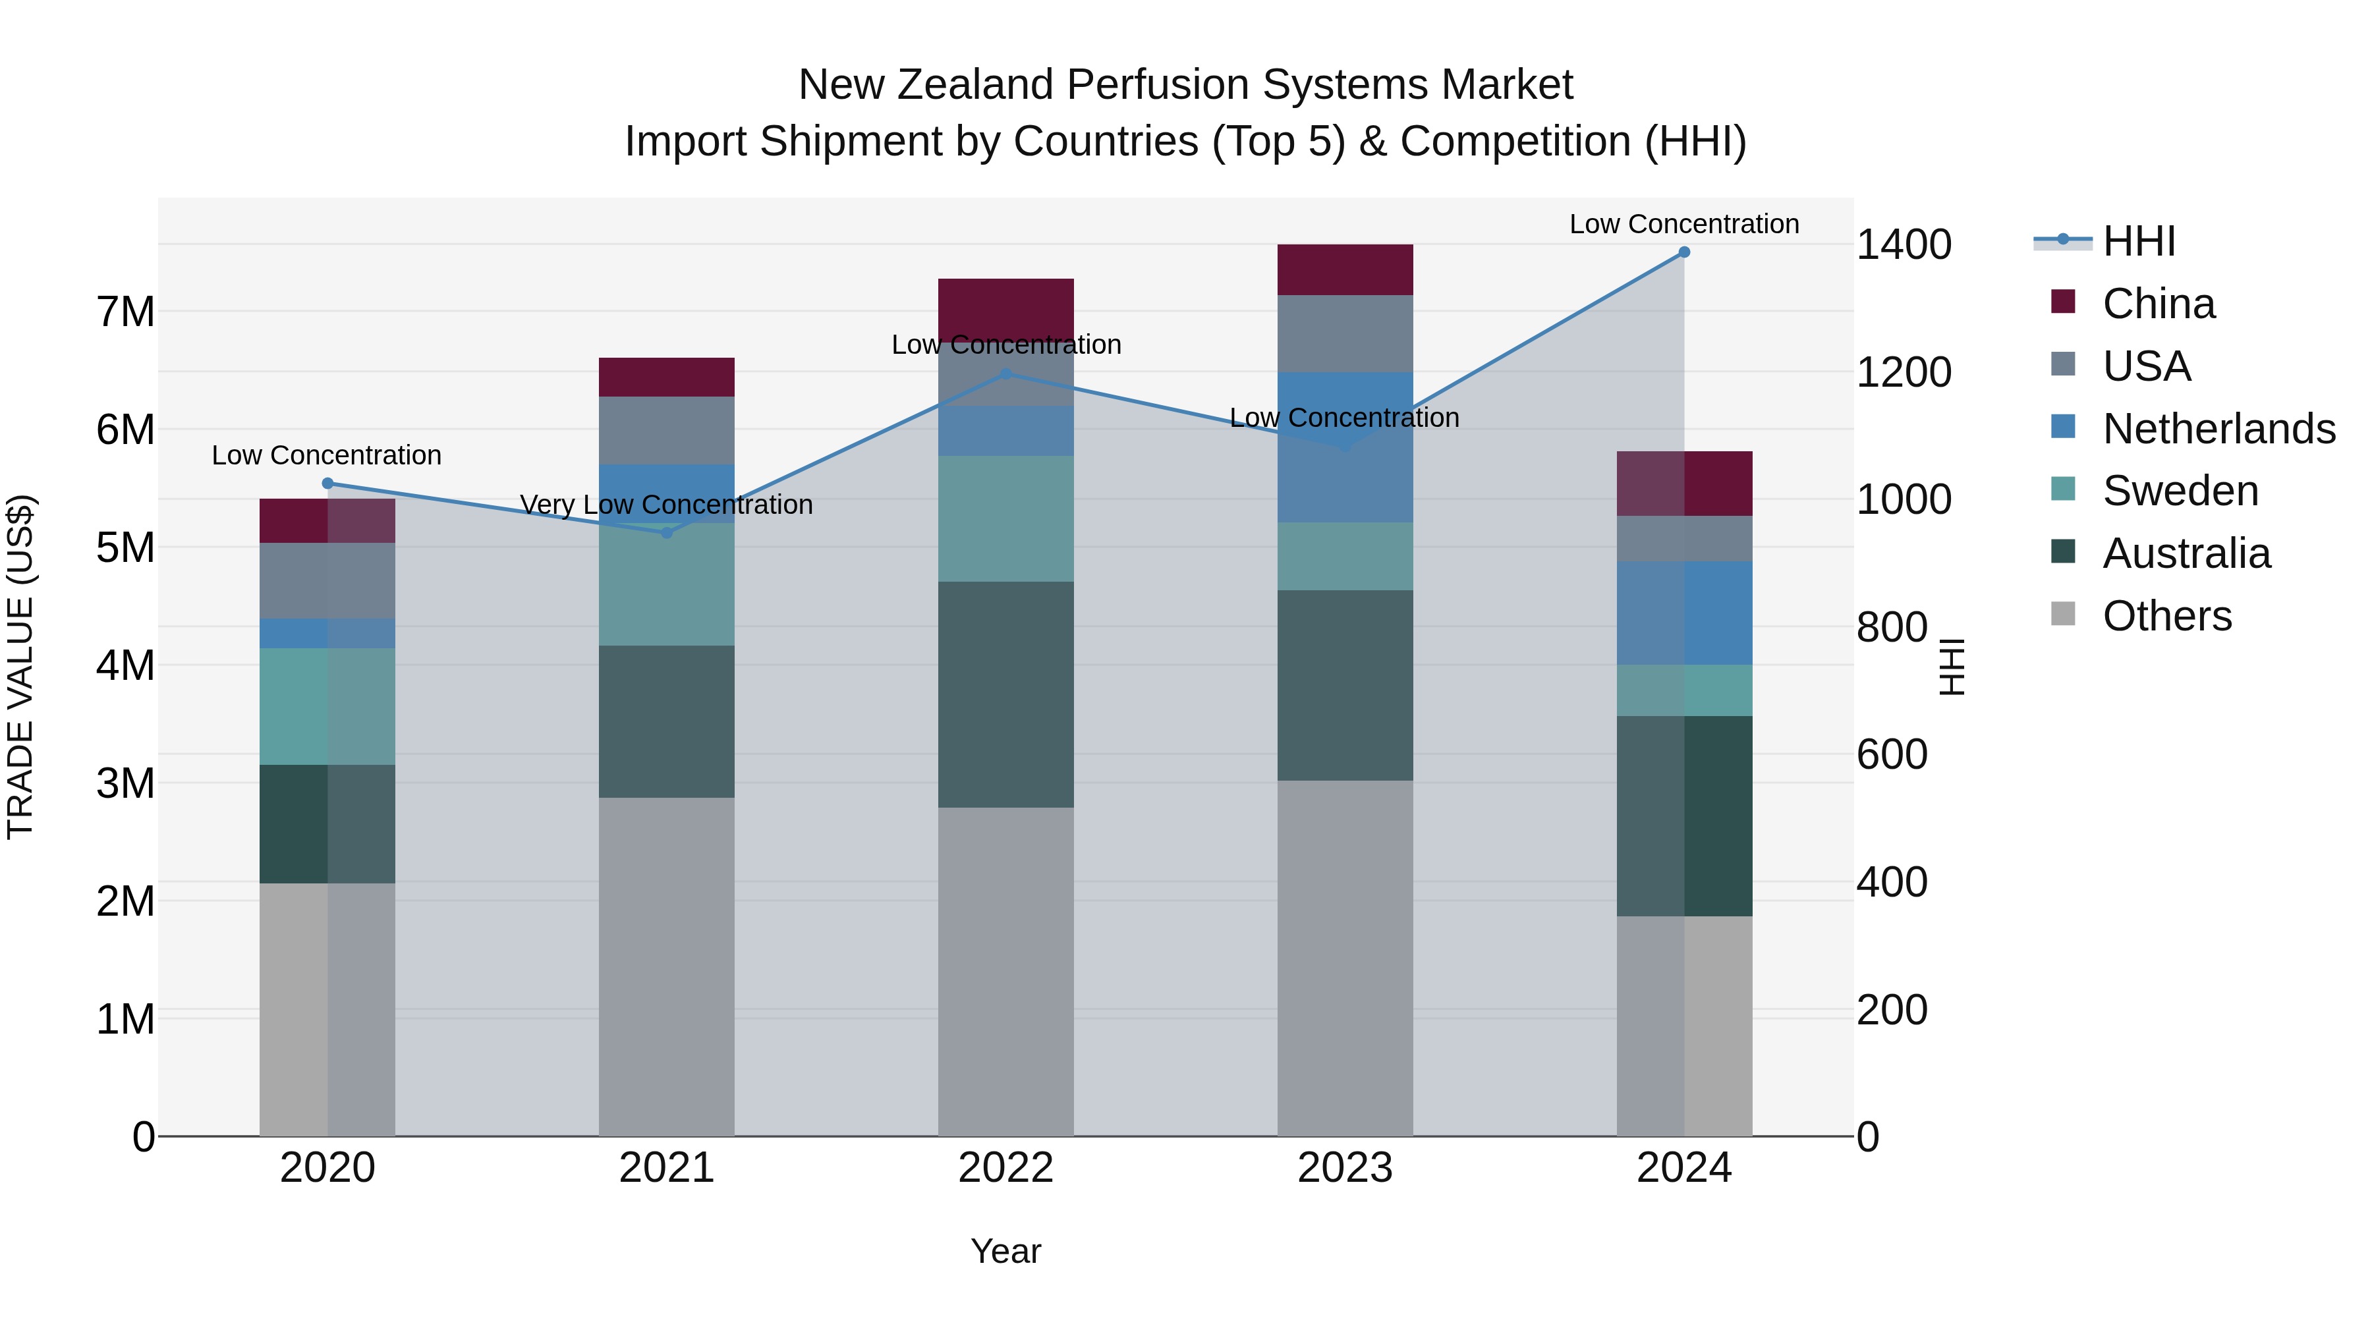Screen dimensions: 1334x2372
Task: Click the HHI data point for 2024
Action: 1684,252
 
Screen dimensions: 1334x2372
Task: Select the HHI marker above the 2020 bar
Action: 328,484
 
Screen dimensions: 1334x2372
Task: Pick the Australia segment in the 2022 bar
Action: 1005,694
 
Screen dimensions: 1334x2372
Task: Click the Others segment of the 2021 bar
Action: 667,966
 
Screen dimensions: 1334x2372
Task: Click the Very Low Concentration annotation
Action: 667,505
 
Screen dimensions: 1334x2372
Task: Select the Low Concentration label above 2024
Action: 1684,224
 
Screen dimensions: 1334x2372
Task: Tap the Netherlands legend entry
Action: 2218,429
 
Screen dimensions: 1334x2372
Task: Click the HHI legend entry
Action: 2138,241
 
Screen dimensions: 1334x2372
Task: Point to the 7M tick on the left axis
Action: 125,312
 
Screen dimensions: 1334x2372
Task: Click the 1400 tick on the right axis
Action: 1904,245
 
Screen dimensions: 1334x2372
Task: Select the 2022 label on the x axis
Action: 1005,1168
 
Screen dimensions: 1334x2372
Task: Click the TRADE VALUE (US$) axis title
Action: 20,667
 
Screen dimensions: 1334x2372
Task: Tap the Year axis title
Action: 1005,1251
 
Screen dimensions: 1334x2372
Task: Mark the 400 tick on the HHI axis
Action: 1892,882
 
